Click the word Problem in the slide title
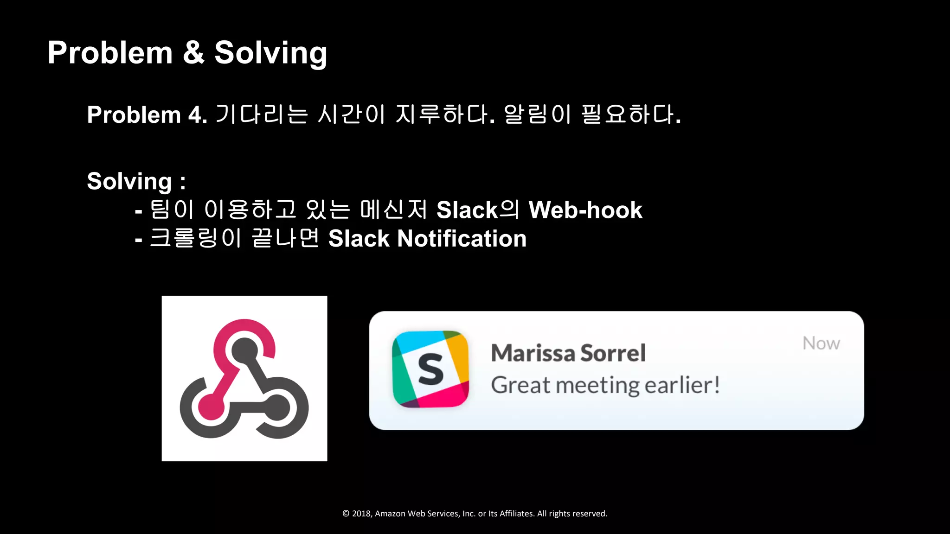pyautogui.click(x=110, y=53)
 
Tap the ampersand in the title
pyautogui.click(x=193, y=53)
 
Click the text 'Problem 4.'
pyautogui.click(x=147, y=115)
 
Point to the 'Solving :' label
pyautogui.click(x=136, y=181)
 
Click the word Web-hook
pyautogui.click(x=585, y=210)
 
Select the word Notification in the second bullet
pyautogui.click(x=462, y=239)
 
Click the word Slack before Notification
pyautogui.click(x=359, y=239)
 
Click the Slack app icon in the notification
pyautogui.click(x=430, y=369)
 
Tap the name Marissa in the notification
pyautogui.click(x=533, y=353)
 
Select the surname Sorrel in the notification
pyautogui.click(x=613, y=353)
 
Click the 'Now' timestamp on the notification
pyautogui.click(x=821, y=343)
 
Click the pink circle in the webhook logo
pyautogui.click(x=211, y=407)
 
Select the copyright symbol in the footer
pyautogui.click(x=346, y=514)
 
